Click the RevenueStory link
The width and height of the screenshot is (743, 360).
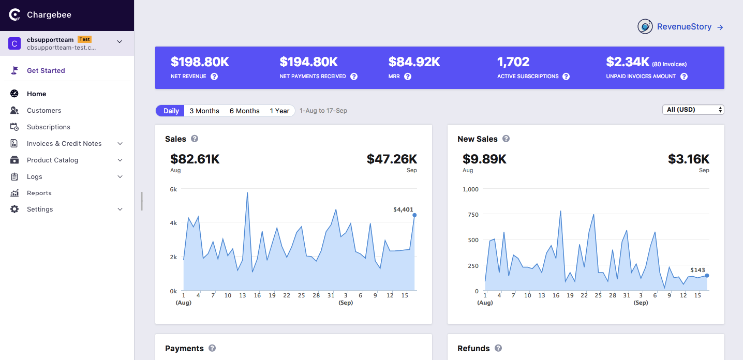(x=683, y=27)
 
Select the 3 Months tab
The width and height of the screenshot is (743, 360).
(x=204, y=111)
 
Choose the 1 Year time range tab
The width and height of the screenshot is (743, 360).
(x=279, y=111)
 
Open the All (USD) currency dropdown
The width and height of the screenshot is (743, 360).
(x=693, y=110)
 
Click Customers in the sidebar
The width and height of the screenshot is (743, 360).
(x=44, y=110)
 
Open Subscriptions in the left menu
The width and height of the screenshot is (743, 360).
(x=48, y=127)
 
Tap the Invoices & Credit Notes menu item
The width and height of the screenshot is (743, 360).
(x=64, y=143)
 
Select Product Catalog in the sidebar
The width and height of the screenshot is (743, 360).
(x=52, y=160)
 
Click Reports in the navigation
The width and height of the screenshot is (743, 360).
(x=39, y=193)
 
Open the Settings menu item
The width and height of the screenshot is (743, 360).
(x=40, y=209)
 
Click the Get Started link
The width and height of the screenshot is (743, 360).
(x=46, y=70)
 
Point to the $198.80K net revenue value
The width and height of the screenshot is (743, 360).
(x=200, y=62)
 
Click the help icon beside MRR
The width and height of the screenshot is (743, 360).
(x=408, y=77)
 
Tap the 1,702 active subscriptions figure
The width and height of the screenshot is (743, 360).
(x=513, y=62)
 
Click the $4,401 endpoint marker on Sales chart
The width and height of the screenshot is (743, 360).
(x=414, y=215)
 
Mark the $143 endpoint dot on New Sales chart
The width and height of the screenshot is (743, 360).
(x=707, y=276)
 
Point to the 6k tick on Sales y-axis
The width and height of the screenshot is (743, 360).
(x=173, y=189)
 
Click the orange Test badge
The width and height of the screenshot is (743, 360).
(x=85, y=39)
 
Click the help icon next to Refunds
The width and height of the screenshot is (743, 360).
(x=498, y=348)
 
